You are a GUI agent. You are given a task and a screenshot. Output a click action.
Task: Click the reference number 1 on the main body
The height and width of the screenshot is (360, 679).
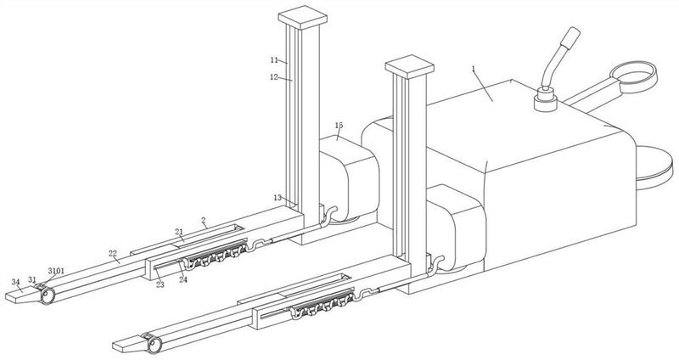[x=474, y=69]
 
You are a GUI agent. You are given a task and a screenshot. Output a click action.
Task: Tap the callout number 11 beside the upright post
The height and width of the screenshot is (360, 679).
[x=273, y=59]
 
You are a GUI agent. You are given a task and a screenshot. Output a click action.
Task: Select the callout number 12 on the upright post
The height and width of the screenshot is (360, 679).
[x=273, y=77]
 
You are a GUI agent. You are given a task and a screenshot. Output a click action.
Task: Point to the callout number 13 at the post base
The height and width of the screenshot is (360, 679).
[x=278, y=198]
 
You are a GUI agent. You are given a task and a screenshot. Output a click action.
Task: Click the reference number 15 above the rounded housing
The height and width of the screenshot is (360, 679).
[x=339, y=125]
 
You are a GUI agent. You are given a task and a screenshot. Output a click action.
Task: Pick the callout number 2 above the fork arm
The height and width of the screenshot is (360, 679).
[x=204, y=220]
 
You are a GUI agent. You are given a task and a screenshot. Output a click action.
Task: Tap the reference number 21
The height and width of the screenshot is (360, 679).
[x=179, y=232]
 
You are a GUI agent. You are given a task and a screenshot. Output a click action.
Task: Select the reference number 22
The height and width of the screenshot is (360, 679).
[x=113, y=253]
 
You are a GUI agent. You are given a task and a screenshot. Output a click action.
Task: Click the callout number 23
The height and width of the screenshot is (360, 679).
[x=160, y=284]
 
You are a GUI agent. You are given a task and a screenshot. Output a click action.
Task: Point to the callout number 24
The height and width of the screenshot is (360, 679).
[x=183, y=280]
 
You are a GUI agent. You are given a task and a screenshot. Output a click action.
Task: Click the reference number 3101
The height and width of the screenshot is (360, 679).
[x=56, y=271]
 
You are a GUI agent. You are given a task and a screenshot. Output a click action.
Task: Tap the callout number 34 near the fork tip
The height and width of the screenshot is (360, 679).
[x=15, y=282]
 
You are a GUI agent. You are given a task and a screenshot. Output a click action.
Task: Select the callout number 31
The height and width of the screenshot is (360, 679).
[x=32, y=279]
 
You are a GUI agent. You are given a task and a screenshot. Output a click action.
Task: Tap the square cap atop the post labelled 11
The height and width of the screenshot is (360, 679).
[x=302, y=17]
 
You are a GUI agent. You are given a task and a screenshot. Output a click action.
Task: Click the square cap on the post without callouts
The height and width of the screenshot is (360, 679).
[x=410, y=66]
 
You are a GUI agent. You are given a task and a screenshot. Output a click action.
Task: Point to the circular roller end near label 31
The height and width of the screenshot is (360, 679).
[x=48, y=296]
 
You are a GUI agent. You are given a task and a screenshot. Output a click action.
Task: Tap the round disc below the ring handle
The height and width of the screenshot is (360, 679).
[x=654, y=167]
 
